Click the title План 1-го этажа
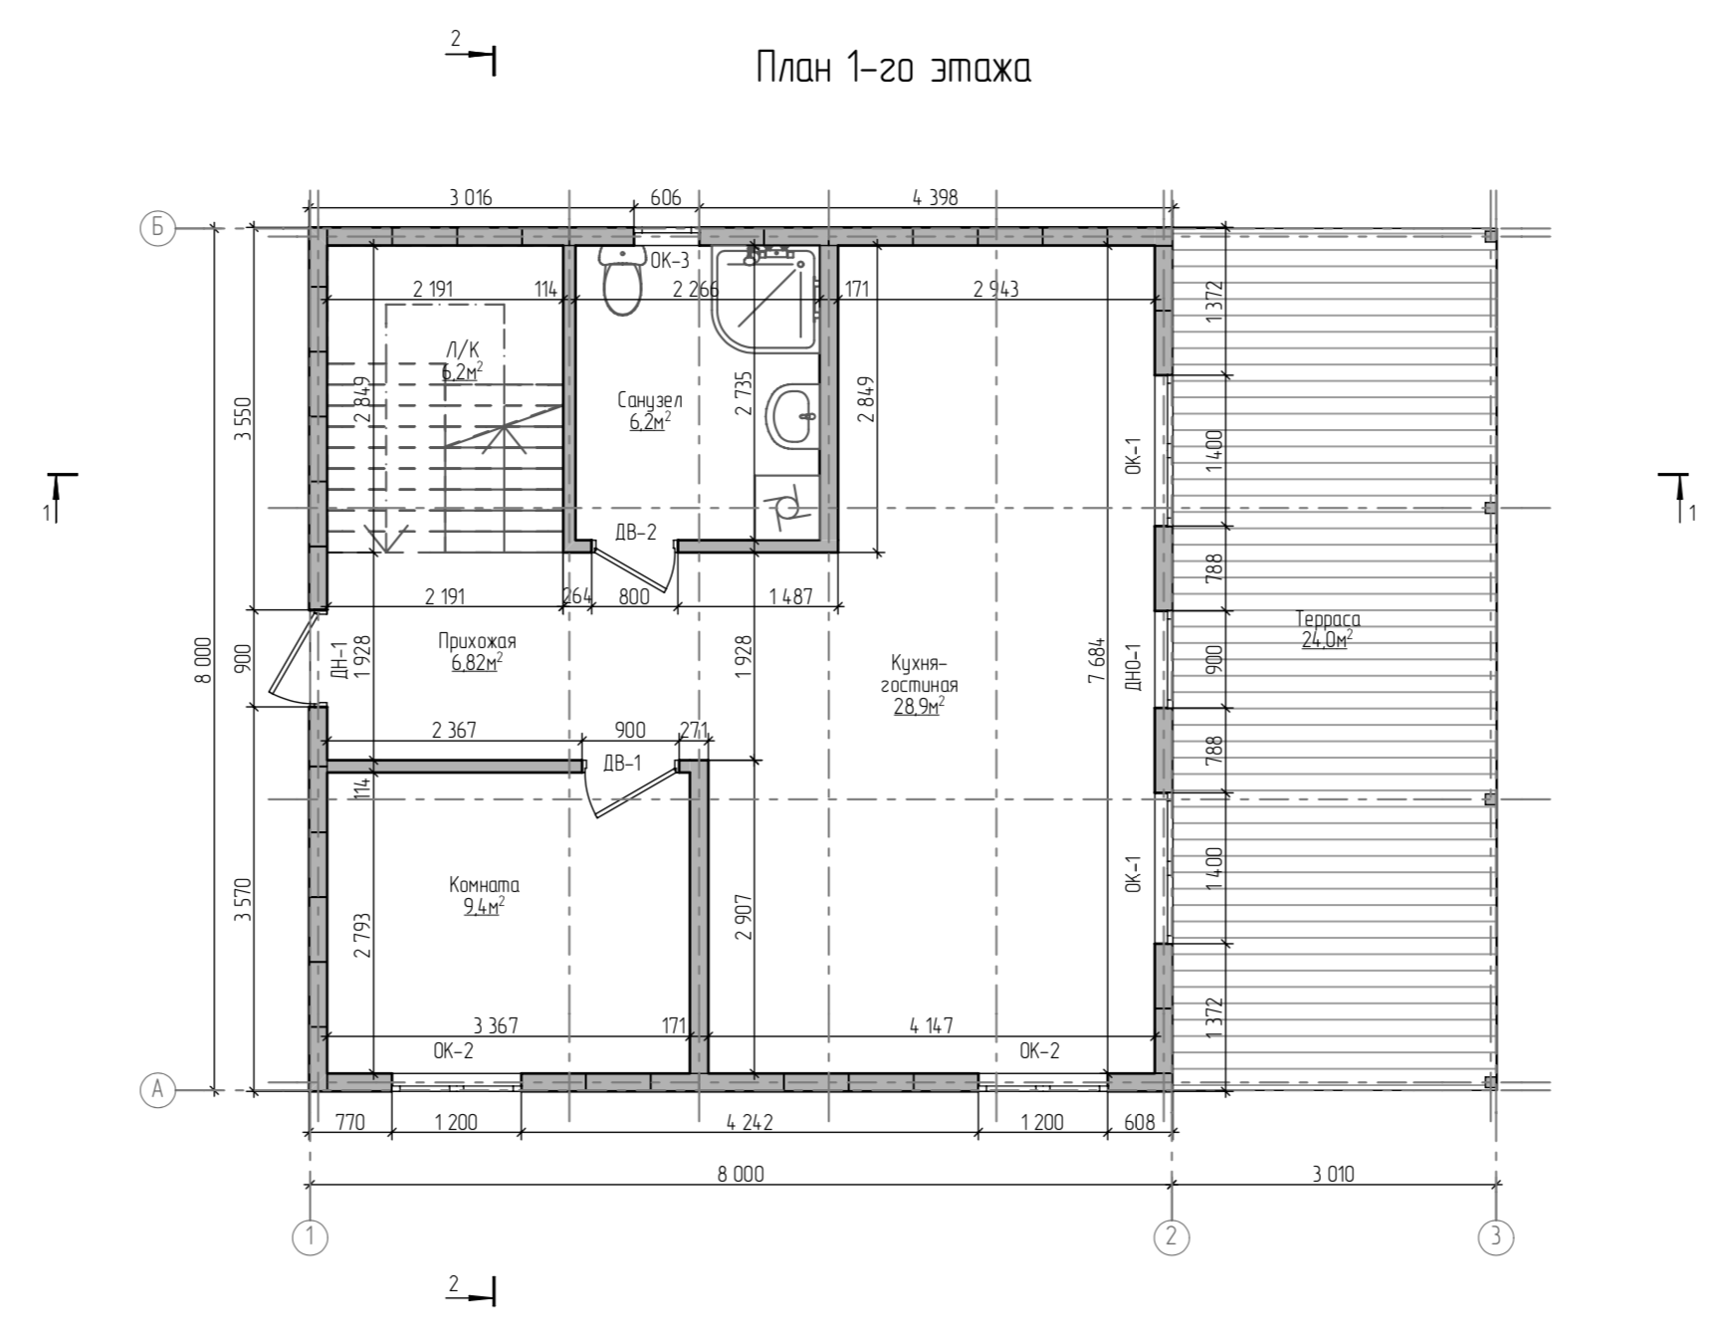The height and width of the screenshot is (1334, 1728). pyautogui.click(x=893, y=69)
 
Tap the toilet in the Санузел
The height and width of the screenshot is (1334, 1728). pyautogui.click(x=622, y=280)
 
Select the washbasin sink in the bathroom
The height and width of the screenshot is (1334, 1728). pyautogui.click(x=792, y=417)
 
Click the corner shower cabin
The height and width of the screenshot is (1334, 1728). pyautogui.click(x=764, y=300)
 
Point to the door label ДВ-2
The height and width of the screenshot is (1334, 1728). pyautogui.click(x=636, y=533)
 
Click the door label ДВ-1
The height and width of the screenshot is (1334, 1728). pyautogui.click(x=622, y=764)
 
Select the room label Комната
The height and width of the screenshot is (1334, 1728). pyautogui.click(x=484, y=885)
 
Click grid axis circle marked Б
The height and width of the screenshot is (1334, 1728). pyautogui.click(x=157, y=229)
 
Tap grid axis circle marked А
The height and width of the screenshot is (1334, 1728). pyautogui.click(x=157, y=1090)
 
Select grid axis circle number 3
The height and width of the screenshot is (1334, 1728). pyautogui.click(x=1495, y=1237)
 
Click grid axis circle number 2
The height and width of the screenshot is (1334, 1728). pyautogui.click(x=1171, y=1237)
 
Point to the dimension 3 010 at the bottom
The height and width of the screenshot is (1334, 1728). pyautogui.click(x=1333, y=1174)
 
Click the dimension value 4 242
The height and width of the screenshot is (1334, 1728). pyautogui.click(x=750, y=1122)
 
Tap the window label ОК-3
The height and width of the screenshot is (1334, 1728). pyautogui.click(x=670, y=261)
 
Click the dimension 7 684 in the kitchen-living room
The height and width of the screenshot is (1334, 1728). pyautogui.click(x=1097, y=659)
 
